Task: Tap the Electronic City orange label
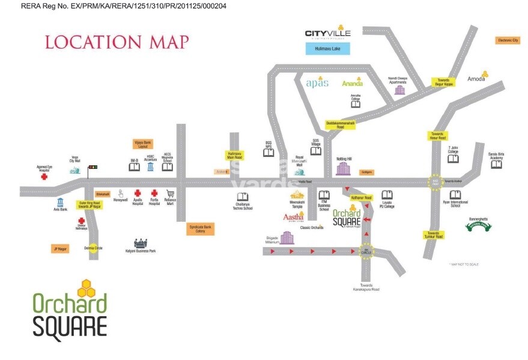point(507,40)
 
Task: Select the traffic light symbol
point(93,168)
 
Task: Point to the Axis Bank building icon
point(61,201)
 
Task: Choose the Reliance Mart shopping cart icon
point(171,194)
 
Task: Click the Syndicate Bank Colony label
point(199,228)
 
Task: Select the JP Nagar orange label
point(59,248)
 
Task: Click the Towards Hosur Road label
point(437,136)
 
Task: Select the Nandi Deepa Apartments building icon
point(399,90)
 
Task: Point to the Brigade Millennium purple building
point(287,237)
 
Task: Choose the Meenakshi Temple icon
point(297,194)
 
